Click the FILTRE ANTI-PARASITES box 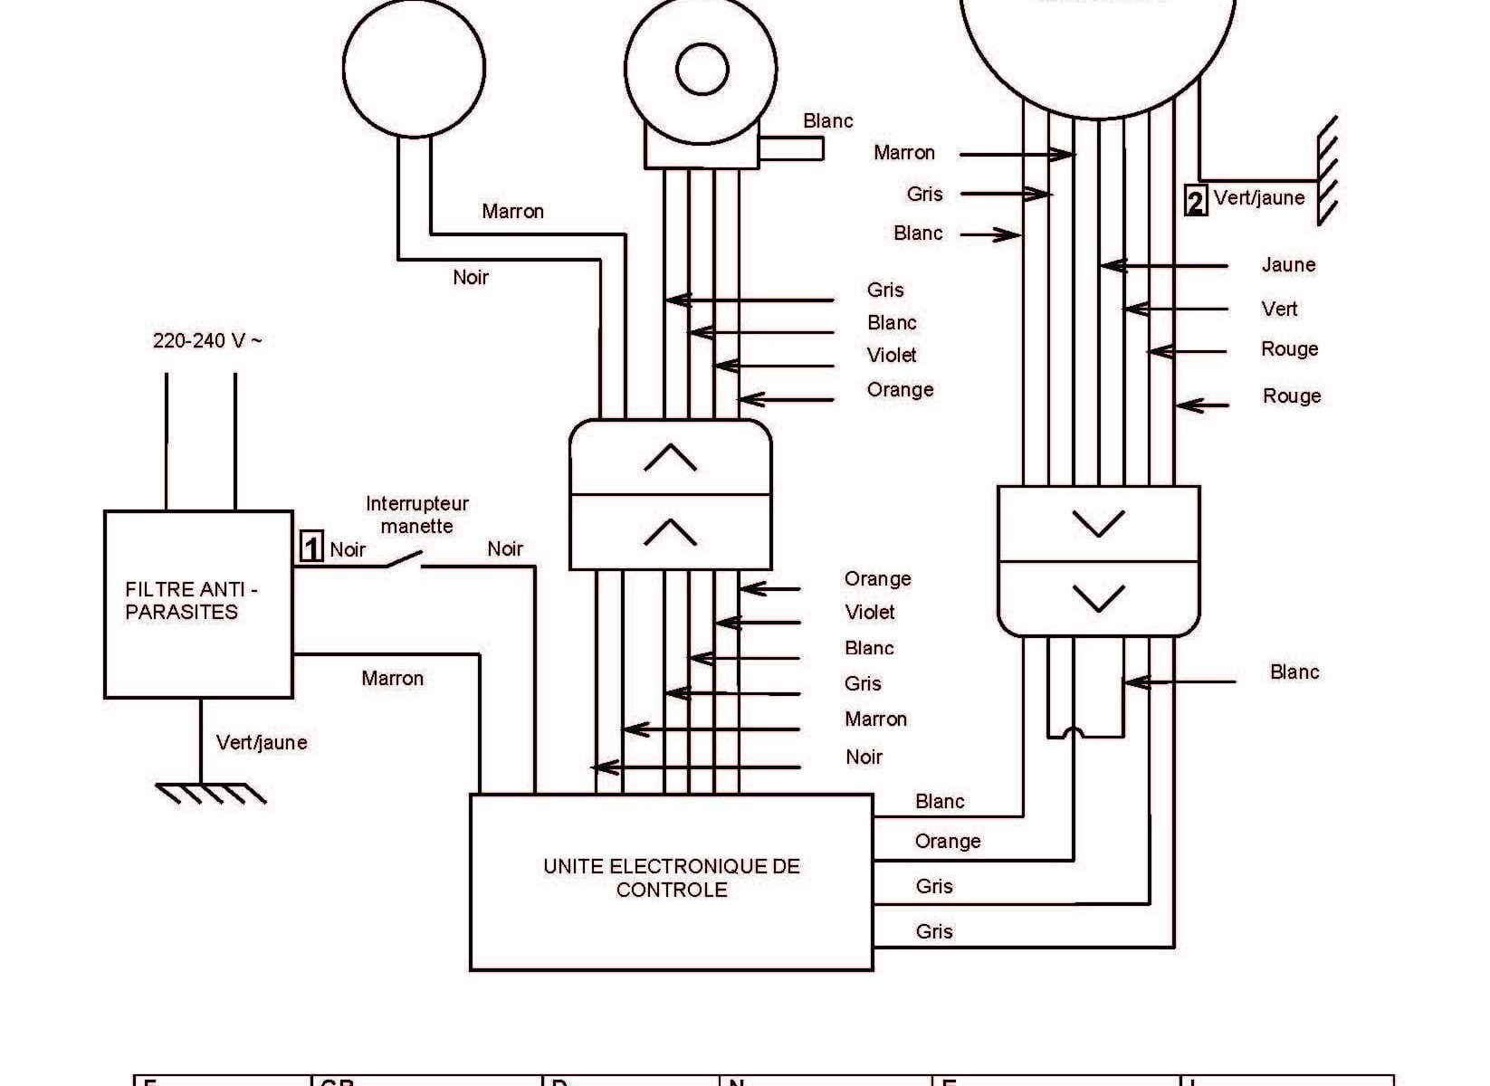198,604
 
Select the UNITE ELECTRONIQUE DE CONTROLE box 671,881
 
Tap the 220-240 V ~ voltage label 207,341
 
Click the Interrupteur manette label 416,515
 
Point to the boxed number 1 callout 310,548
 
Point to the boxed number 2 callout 1195,200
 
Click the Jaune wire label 1288,265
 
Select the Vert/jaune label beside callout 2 1259,198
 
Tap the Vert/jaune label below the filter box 262,743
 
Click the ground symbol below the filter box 211,793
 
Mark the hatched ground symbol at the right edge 1326,172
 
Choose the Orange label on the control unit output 948,842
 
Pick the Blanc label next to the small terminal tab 827,121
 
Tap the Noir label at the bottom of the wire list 864,757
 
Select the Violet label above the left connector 892,356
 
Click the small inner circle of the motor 702,70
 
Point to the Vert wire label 1279,310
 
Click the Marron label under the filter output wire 392,679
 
